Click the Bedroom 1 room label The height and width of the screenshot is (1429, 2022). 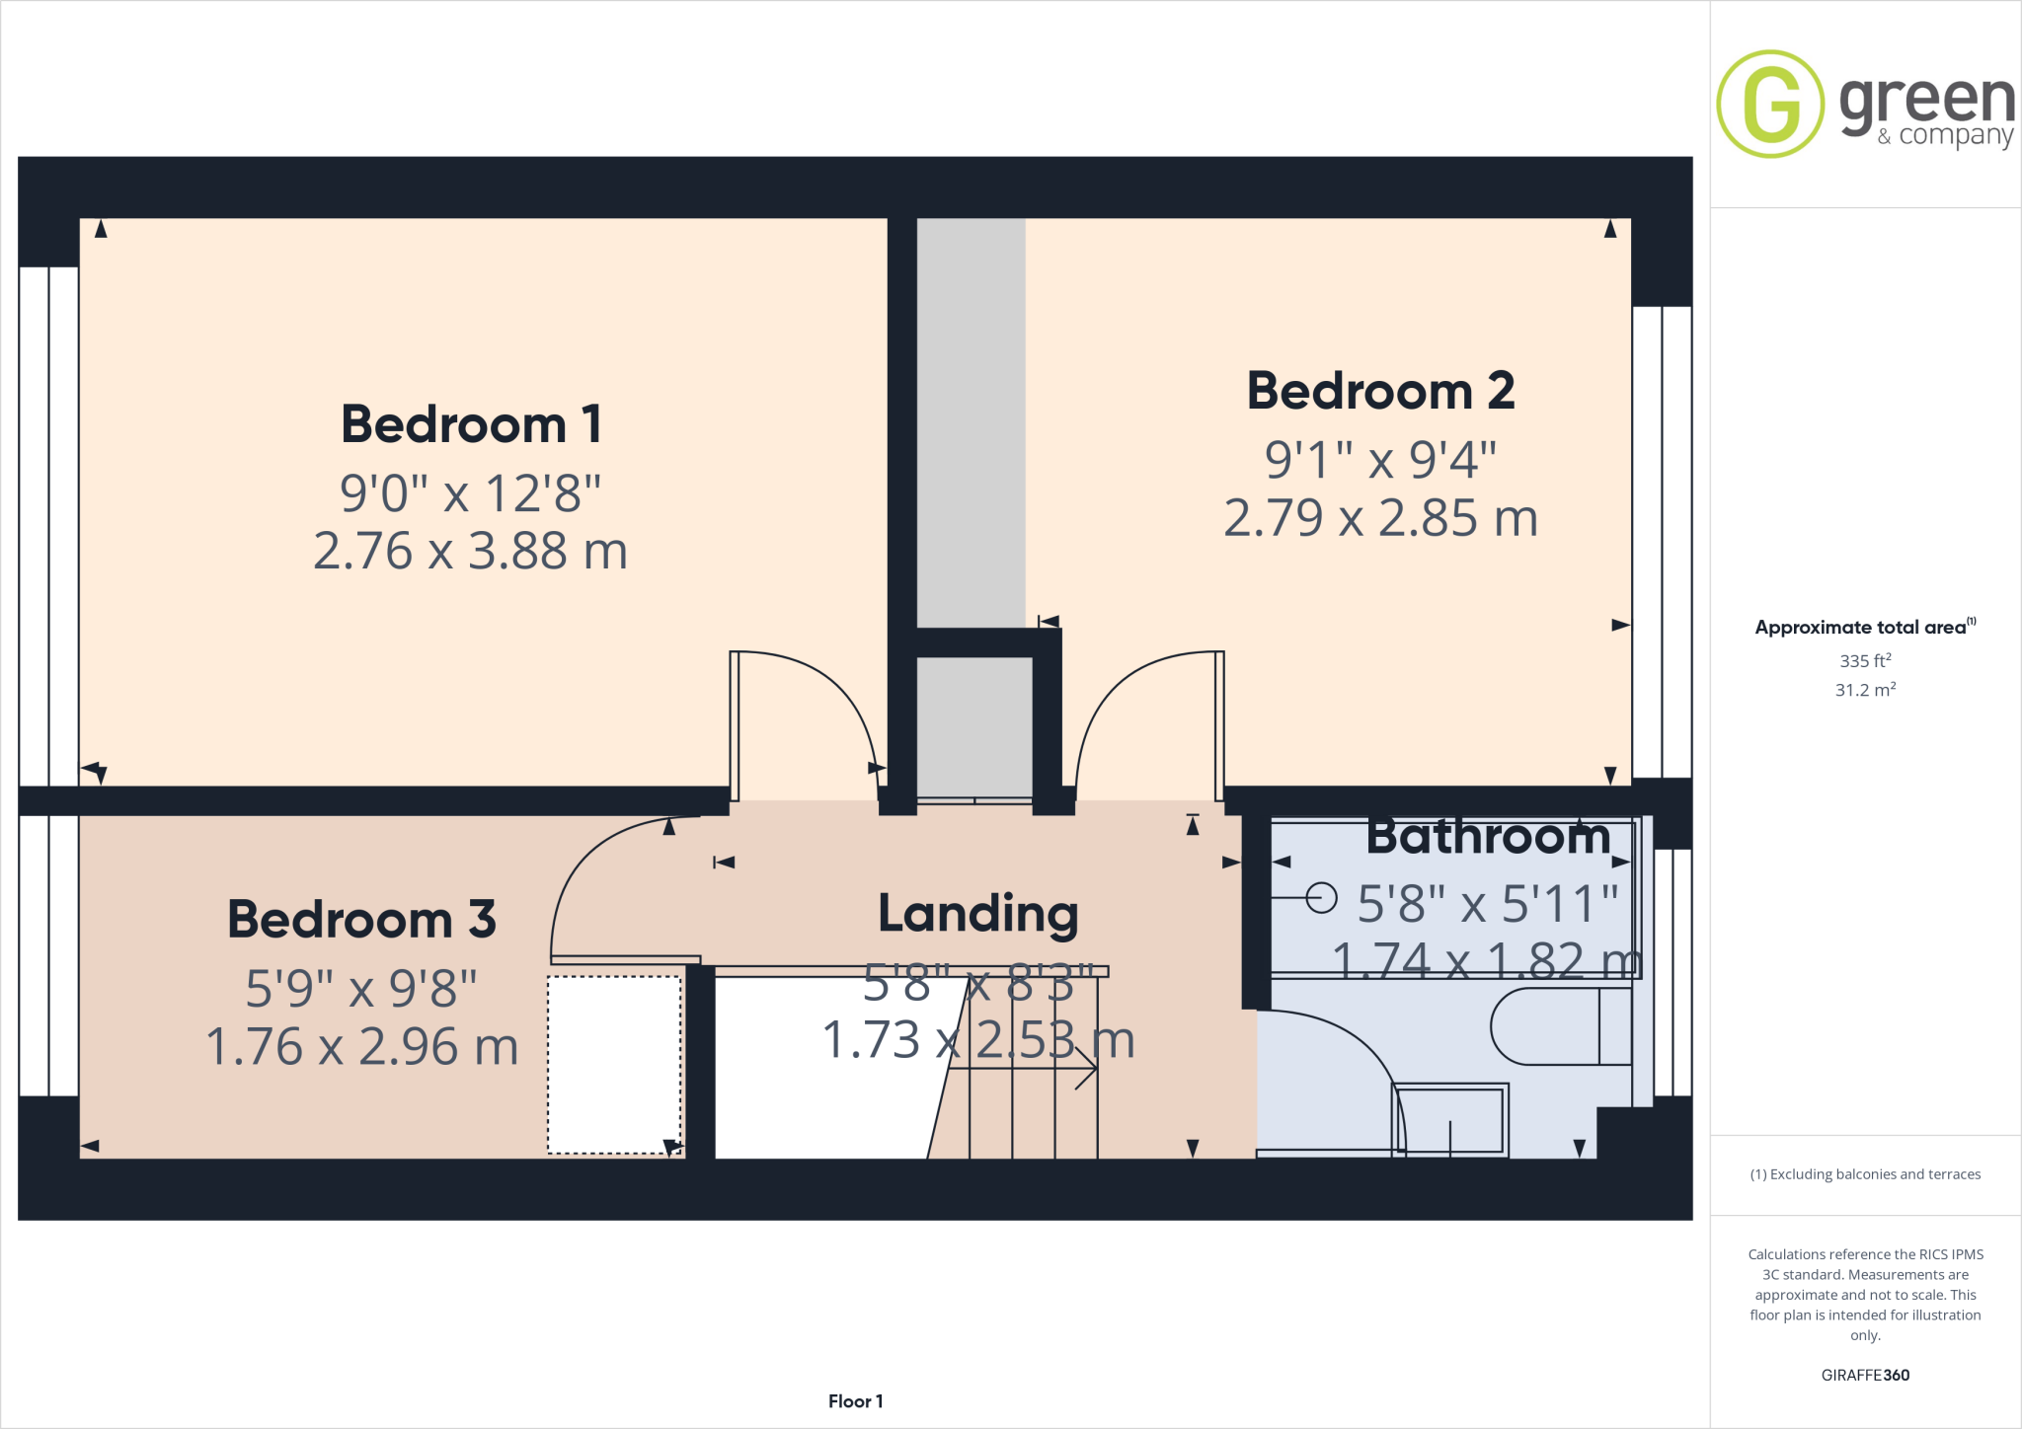(x=471, y=424)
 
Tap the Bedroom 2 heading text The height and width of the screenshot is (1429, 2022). (x=1380, y=391)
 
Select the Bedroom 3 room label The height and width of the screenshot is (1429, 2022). (x=361, y=920)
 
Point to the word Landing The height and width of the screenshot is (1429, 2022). (x=977, y=914)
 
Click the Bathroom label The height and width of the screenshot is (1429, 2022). (x=1488, y=837)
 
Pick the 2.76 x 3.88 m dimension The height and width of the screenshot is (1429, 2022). (x=471, y=551)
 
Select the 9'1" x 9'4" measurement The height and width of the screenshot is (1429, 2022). (x=1380, y=459)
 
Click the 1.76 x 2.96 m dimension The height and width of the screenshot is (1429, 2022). (x=361, y=1046)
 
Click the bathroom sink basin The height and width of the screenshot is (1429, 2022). (x=1449, y=1120)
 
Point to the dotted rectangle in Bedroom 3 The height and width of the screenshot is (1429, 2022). (x=614, y=1064)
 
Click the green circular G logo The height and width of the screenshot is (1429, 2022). (x=1770, y=104)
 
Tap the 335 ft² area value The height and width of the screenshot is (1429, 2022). (x=1865, y=660)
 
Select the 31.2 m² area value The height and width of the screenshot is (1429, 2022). (x=1865, y=690)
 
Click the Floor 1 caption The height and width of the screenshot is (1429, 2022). (x=855, y=1401)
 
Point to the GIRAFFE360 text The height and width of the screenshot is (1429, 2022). (x=1865, y=1375)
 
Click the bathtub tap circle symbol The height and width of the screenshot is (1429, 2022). (x=1321, y=898)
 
